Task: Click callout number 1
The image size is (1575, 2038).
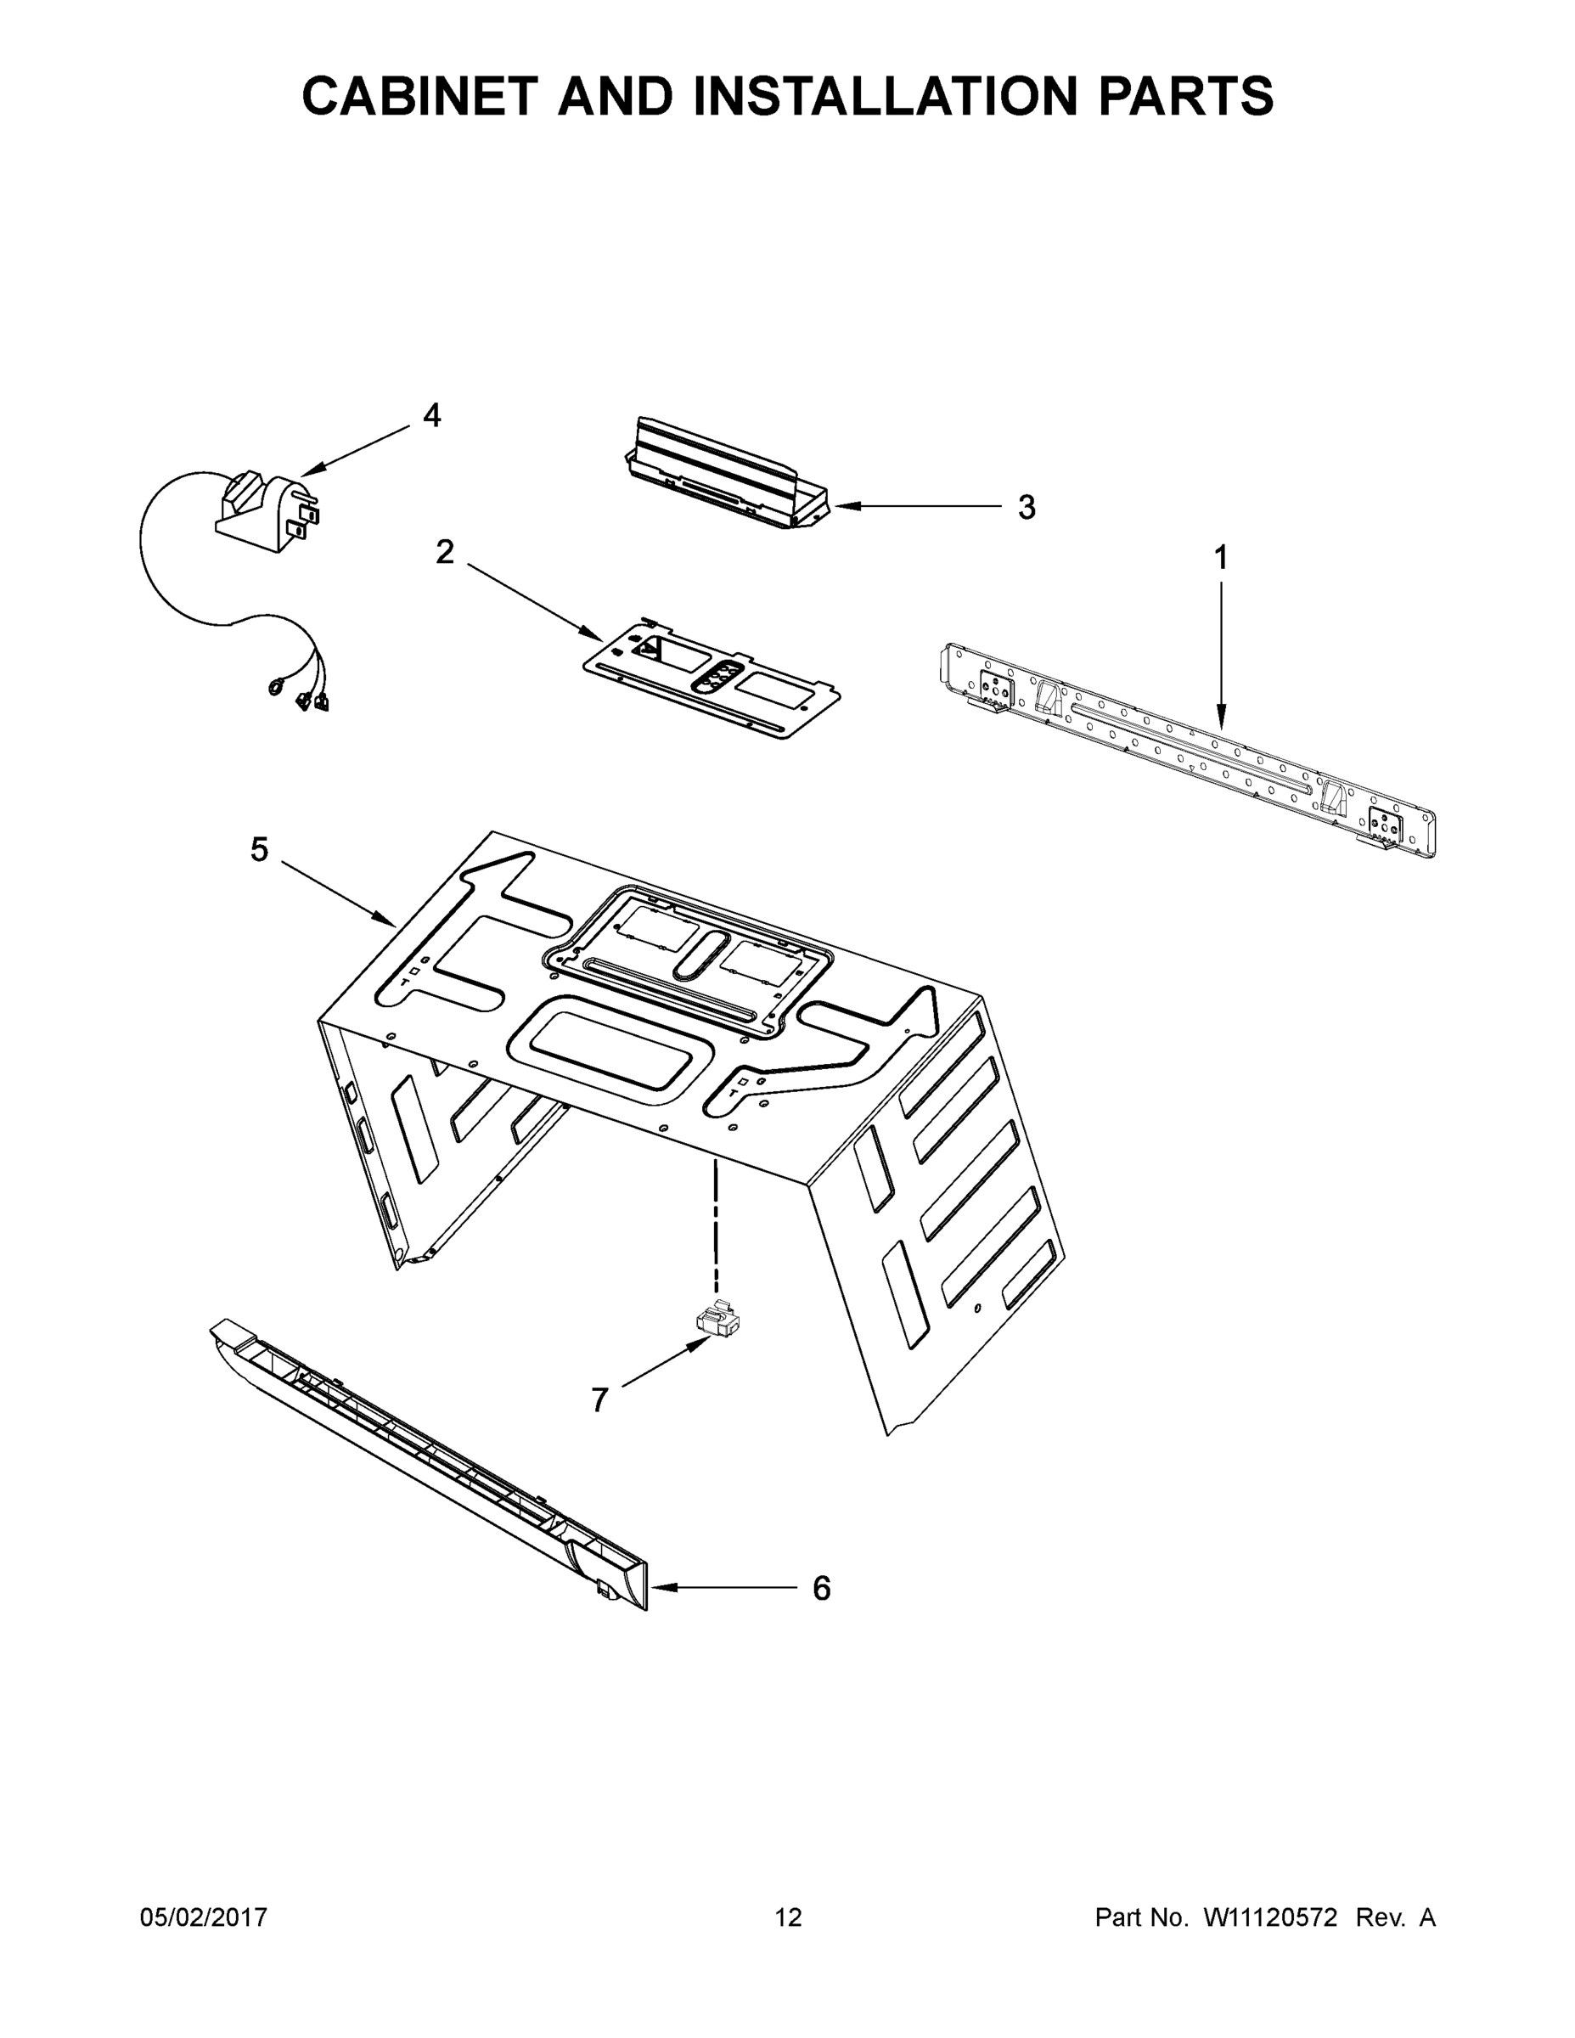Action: coord(1220,558)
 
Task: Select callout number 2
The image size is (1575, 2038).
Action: coord(445,553)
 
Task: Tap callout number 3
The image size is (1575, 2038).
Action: coord(1027,508)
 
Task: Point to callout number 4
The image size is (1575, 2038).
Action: coord(431,415)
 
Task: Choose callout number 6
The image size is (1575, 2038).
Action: coord(821,1588)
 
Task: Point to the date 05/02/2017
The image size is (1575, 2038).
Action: coord(204,1917)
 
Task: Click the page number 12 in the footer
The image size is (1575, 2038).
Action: coord(788,1917)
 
